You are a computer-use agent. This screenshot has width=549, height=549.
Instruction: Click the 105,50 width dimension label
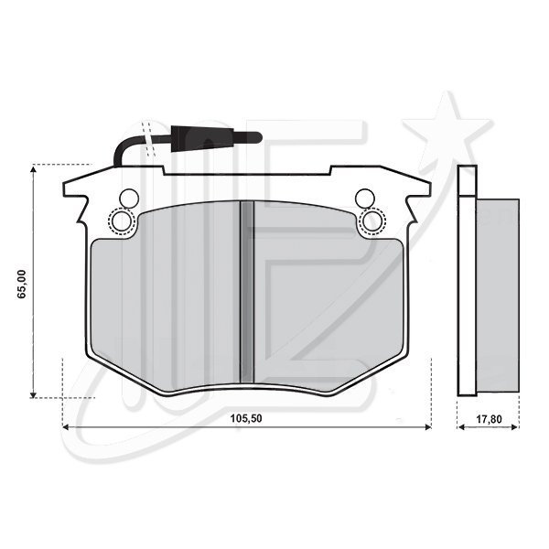coord(246,418)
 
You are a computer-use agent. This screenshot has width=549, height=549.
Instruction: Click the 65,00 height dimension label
coord(22,284)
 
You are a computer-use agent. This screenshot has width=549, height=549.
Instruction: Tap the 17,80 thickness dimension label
coord(489,419)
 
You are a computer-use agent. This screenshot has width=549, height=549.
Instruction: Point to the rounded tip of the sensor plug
coord(258,137)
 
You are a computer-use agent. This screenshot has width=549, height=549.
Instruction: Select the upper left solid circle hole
coord(129,199)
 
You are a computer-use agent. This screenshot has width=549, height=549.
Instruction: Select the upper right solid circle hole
coord(364,199)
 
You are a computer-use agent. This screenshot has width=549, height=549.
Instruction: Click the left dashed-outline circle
coord(121,221)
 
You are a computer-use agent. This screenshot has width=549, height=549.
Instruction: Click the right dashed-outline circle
coord(372,221)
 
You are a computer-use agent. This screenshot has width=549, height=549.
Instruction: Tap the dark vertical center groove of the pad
coord(247,292)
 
